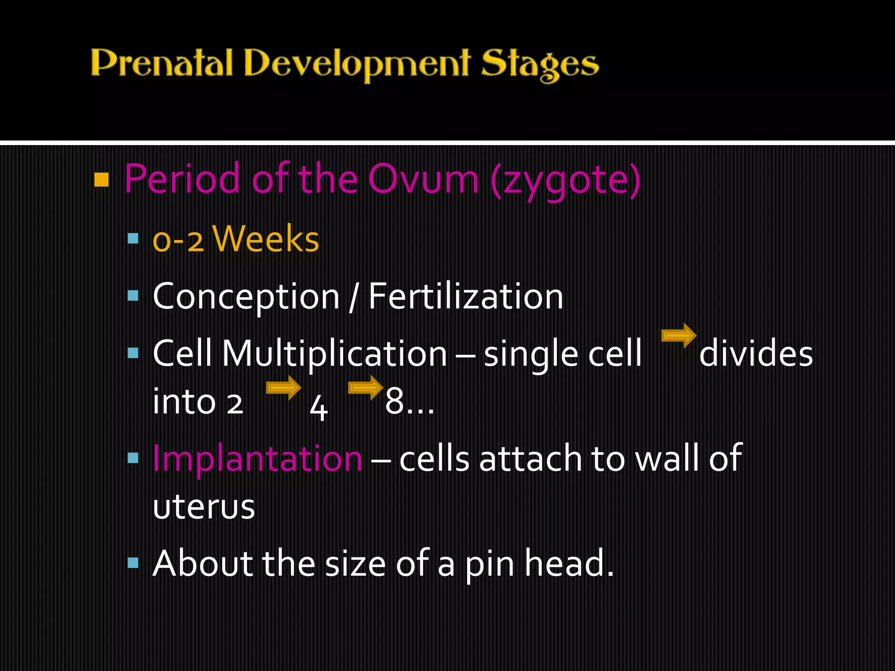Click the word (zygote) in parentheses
coord(565,180)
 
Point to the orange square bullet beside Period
coord(101,180)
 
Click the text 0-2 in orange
coord(178,240)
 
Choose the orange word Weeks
coord(266,239)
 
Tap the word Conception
coord(246,297)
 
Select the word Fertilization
coord(466,297)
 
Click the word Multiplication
coord(334,353)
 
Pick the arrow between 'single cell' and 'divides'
coord(679,335)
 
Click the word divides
coord(756,353)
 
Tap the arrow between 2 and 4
coord(284,387)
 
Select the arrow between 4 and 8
coord(365,387)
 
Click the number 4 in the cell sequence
coord(319,407)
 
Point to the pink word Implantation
coord(257,459)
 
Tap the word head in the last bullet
coord(569,564)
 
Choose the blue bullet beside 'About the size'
coord(133,562)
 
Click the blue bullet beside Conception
coord(133,296)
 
